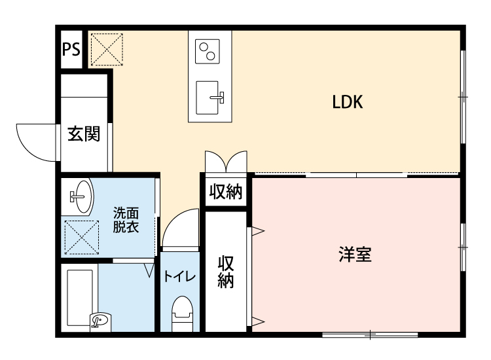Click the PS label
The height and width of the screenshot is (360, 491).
[x=71, y=50]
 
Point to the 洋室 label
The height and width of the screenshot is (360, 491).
[x=355, y=255]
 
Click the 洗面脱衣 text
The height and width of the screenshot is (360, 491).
[x=126, y=220]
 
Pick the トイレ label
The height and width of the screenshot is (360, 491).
[x=179, y=276]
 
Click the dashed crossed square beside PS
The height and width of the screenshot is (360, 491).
[x=106, y=48]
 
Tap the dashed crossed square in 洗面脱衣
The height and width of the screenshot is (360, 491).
[x=81, y=237]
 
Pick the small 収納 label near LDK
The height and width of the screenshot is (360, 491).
[x=226, y=192]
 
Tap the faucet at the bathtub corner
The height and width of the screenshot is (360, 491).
[x=99, y=321]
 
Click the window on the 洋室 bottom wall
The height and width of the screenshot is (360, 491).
[x=370, y=335]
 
